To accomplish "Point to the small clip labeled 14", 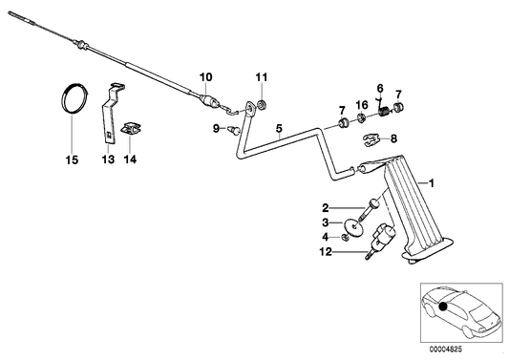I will pos(131,125).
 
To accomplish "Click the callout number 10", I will pos(205,75).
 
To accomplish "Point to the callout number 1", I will pos(432,181).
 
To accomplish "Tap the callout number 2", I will pos(325,207).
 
